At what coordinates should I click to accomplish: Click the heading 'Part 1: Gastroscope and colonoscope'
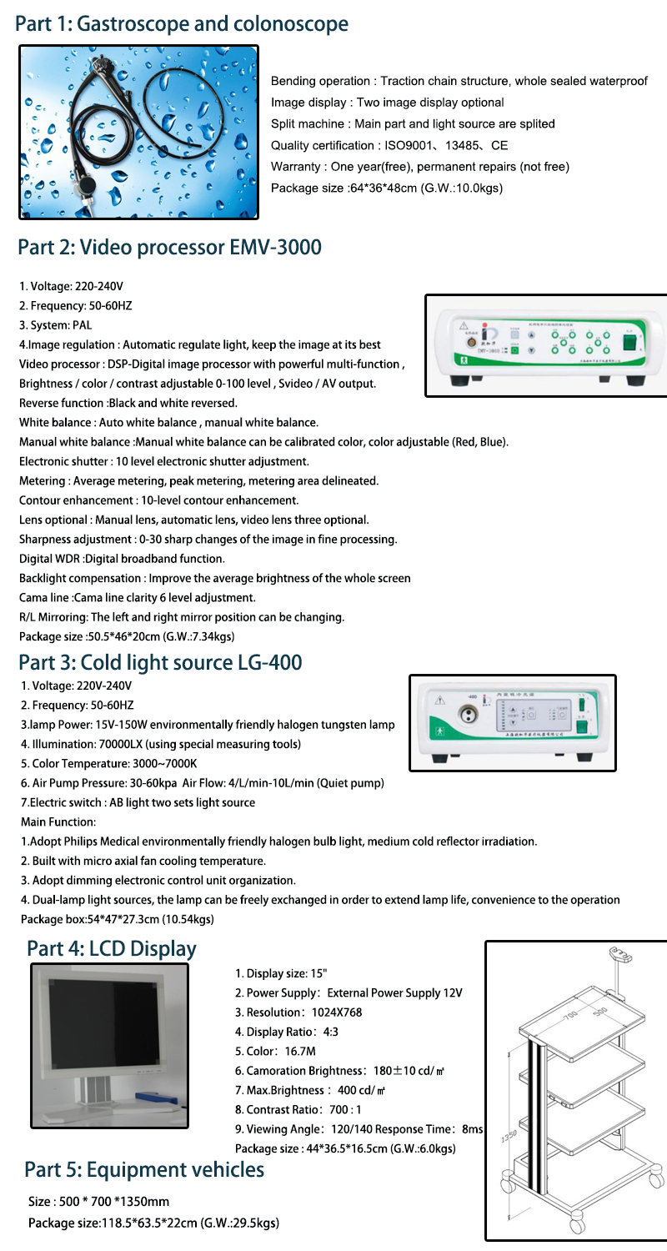pos(182,24)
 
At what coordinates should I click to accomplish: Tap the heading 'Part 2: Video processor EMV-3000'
pos(169,248)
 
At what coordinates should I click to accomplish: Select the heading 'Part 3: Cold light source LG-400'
pos(159,662)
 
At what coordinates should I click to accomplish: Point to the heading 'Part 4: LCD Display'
pos(112,949)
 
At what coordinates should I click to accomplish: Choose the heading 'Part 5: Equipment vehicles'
pos(144,1170)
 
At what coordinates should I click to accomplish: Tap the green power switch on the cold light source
pos(583,725)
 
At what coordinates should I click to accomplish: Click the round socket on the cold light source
pos(465,714)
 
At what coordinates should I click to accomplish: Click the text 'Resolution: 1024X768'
pos(298,1012)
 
